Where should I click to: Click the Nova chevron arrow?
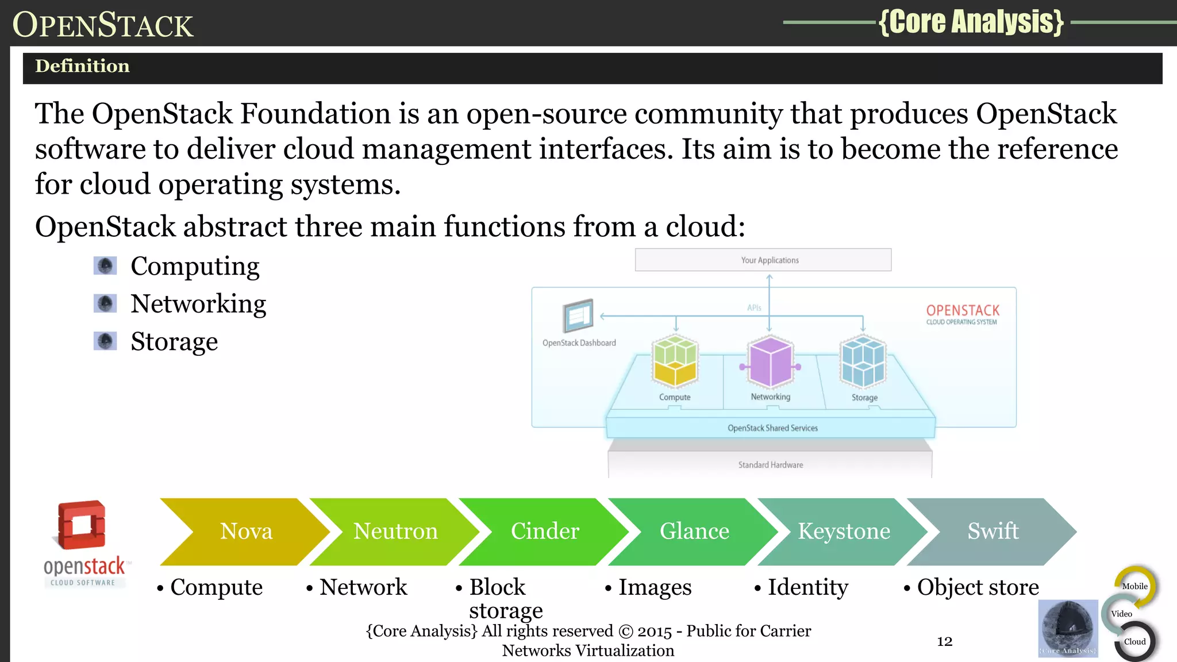[x=246, y=531]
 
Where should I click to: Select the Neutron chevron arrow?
[x=395, y=531]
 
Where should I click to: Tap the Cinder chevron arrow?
[x=545, y=531]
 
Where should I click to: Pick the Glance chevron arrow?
[x=694, y=531]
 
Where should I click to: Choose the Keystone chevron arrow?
[x=844, y=531]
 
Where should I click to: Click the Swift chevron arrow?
[x=993, y=531]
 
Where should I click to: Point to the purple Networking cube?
[x=770, y=362]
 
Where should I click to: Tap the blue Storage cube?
[x=863, y=362]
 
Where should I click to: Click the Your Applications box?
[x=763, y=260]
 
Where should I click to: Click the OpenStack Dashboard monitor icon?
[x=578, y=315]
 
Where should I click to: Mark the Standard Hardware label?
[x=771, y=465]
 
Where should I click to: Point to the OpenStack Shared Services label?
[x=772, y=428]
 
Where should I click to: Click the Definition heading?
[x=83, y=66]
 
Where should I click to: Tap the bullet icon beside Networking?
[x=105, y=303]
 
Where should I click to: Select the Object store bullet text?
[x=978, y=587]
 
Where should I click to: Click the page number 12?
[x=945, y=641]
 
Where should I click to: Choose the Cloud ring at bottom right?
[x=1134, y=641]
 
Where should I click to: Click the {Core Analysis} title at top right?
[x=971, y=22]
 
